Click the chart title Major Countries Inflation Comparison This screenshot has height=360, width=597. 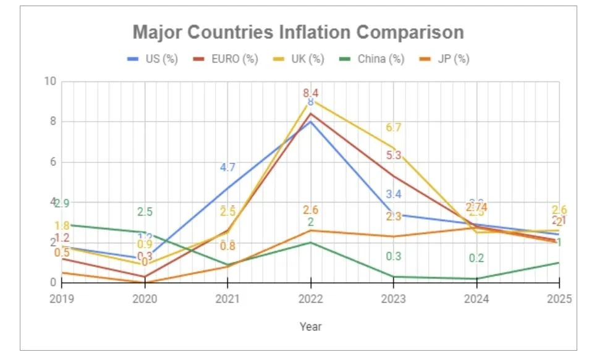tap(298, 32)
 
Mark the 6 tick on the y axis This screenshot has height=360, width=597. tap(53, 162)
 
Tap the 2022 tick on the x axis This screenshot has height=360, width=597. tap(310, 299)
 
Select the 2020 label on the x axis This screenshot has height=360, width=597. tap(145, 299)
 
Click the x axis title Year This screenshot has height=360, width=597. tap(310, 326)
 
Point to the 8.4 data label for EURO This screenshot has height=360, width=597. tap(310, 93)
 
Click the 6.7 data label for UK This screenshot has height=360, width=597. tap(394, 128)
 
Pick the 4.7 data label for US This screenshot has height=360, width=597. tap(227, 167)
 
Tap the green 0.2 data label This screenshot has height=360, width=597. tap(476, 259)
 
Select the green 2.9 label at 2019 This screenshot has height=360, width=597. tap(62, 204)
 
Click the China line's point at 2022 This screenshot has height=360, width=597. tap(310, 243)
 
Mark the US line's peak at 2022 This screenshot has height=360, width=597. tap(310, 121)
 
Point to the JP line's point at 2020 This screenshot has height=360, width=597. tap(145, 282)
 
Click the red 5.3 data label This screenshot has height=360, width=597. tap(394, 156)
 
